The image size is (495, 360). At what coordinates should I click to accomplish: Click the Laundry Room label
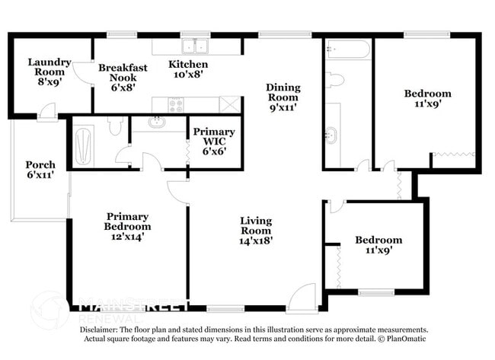tap(49, 68)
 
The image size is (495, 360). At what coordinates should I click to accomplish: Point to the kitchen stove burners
tap(176, 105)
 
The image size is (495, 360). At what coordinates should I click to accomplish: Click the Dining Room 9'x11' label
tap(281, 97)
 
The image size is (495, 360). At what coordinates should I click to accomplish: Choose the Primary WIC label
tap(214, 142)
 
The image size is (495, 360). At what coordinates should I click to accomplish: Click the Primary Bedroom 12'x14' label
tap(128, 227)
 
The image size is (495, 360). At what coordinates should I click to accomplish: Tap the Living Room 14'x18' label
tap(256, 231)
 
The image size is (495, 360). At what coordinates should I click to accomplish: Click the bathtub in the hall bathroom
tap(348, 50)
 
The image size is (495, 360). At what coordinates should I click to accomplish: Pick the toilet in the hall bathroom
tap(335, 79)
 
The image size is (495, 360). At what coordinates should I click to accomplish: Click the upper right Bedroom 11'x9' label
tap(427, 99)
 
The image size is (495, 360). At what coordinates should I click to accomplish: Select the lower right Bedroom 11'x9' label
tap(378, 244)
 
